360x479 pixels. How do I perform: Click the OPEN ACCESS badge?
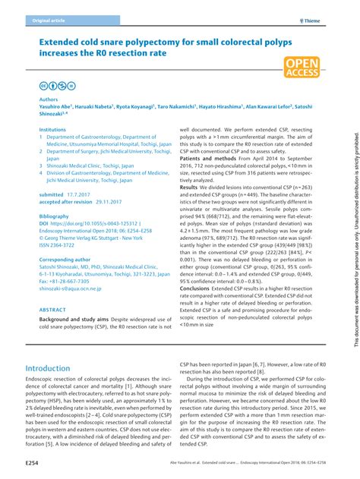pos(302,68)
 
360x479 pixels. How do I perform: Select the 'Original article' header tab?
pos(47,21)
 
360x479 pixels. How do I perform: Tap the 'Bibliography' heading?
pos(53,216)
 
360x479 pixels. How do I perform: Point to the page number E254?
pos(33,461)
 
